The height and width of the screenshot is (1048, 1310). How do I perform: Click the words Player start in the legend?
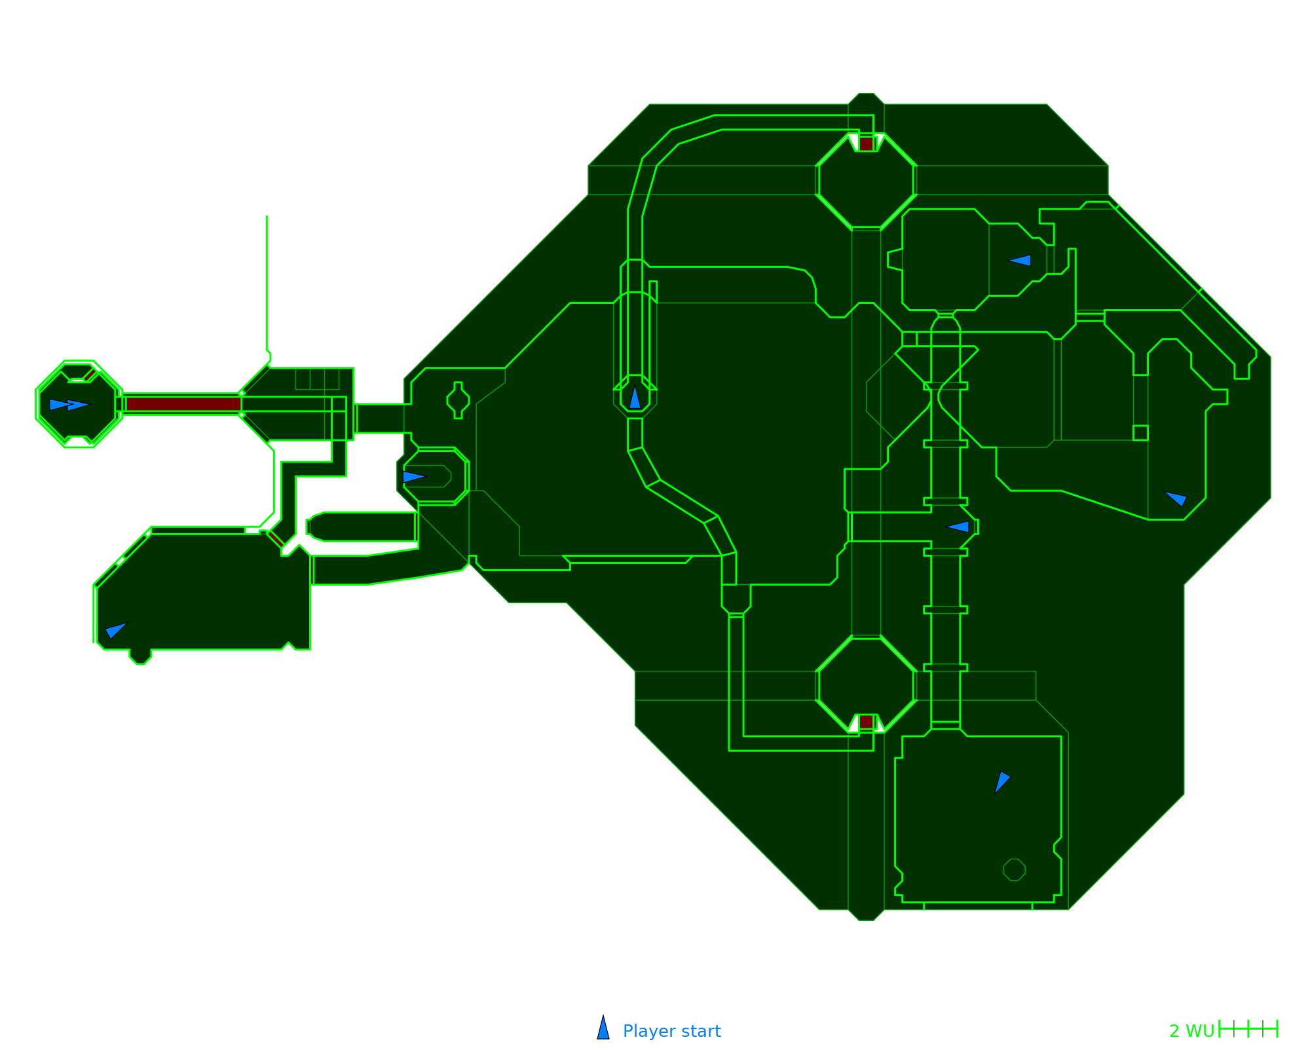click(671, 1031)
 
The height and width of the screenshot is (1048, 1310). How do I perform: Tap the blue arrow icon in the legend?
click(603, 1029)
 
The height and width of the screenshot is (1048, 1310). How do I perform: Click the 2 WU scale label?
click(1191, 1031)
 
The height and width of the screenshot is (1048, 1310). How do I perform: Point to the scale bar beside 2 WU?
click(1248, 1029)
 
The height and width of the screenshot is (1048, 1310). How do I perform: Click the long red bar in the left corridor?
click(183, 404)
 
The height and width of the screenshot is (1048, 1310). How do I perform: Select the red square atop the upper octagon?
click(866, 144)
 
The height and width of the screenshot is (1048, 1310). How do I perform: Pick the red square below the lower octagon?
click(866, 722)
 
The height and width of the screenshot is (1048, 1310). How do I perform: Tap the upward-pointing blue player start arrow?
click(635, 398)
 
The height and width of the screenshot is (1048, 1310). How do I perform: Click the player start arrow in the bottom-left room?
click(115, 630)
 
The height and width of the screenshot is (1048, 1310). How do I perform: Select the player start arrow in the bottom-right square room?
click(1001, 782)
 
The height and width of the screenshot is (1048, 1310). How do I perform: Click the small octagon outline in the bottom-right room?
click(1014, 870)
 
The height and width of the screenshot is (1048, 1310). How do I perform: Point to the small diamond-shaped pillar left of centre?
click(458, 400)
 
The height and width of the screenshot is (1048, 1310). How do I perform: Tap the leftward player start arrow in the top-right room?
click(1020, 261)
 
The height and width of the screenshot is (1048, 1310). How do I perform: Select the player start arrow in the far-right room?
click(1176, 498)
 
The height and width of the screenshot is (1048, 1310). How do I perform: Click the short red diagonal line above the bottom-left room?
click(275, 539)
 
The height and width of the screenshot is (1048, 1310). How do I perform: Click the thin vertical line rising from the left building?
click(267, 282)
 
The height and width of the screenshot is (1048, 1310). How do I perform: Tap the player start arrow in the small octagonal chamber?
click(413, 477)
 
